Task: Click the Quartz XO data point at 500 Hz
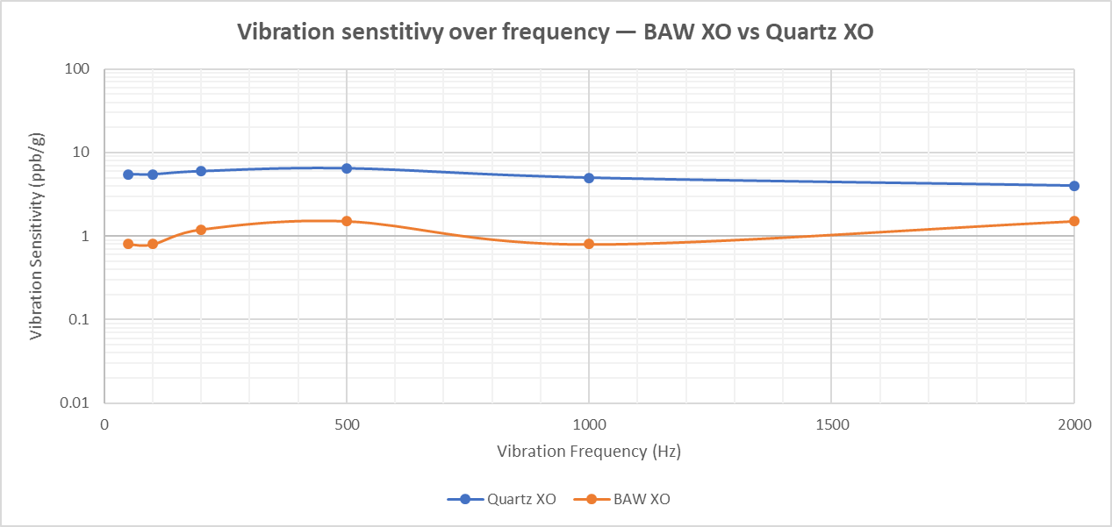(x=347, y=168)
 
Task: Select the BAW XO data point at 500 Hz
(x=347, y=221)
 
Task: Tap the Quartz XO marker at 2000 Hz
(x=1074, y=186)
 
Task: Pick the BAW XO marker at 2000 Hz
(x=1074, y=221)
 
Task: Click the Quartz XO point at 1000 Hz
(x=589, y=178)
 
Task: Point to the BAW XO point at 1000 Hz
(x=589, y=244)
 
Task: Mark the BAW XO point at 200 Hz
(x=201, y=230)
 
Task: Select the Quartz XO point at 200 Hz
(x=201, y=171)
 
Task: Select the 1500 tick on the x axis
(x=832, y=425)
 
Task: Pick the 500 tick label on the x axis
(x=347, y=425)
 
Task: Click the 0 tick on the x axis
(x=104, y=425)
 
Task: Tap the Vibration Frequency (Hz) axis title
(x=589, y=452)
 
